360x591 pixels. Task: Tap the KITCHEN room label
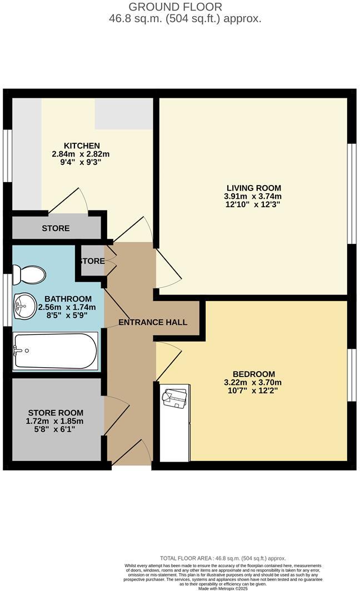81,146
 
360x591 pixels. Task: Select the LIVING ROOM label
253,188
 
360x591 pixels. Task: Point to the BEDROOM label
253,374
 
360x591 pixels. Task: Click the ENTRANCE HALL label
153,322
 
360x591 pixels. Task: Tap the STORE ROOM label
56,413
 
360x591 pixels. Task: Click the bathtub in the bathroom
55,351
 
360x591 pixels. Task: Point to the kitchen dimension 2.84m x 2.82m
81,154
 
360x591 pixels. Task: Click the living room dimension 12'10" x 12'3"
253,204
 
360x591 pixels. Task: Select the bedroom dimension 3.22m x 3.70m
253,382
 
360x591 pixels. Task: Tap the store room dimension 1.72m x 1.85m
56,421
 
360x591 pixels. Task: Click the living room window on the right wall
351,193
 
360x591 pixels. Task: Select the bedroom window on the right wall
351,375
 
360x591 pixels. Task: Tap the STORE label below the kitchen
56,228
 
